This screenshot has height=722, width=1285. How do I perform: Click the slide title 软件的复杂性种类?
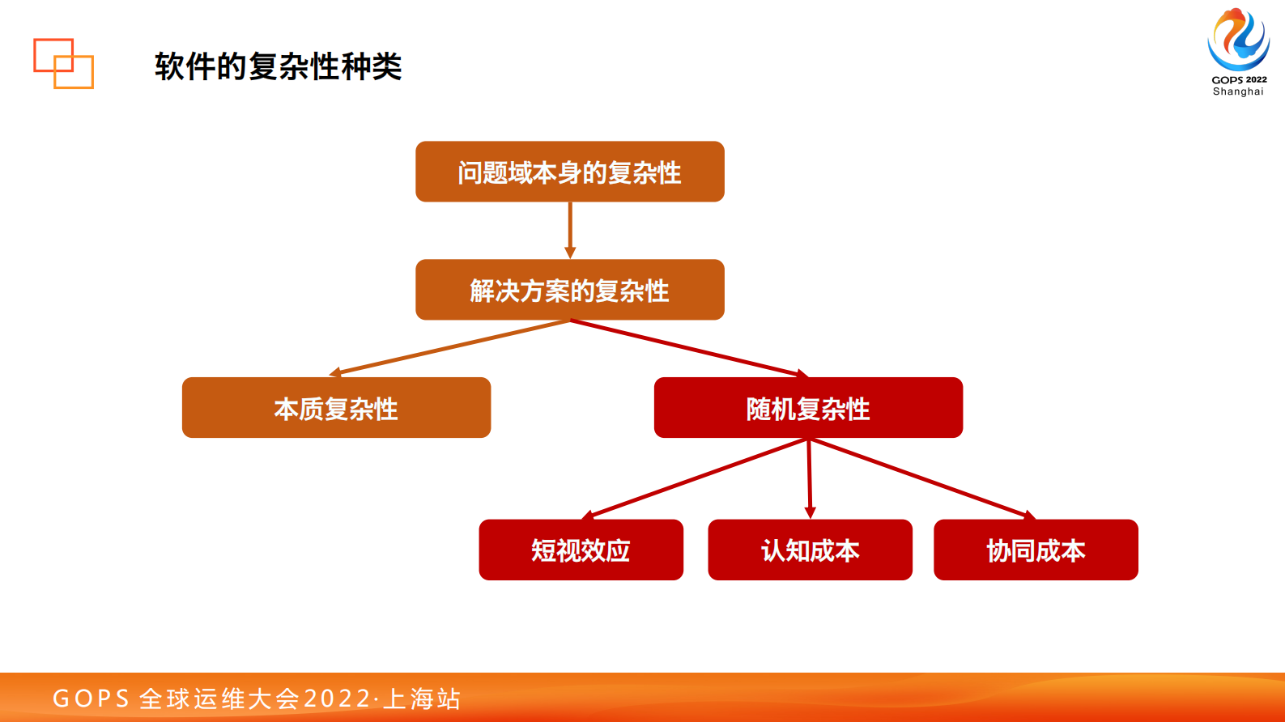[x=278, y=66]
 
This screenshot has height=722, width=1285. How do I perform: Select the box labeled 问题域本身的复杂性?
[x=569, y=172]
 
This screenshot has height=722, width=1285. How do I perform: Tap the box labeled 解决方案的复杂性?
[x=569, y=290]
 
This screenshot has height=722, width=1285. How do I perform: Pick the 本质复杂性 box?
[x=336, y=408]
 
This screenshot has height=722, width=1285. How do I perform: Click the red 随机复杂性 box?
[x=808, y=408]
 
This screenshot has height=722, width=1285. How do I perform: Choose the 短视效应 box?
[x=581, y=550]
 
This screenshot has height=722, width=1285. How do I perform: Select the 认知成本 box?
[x=810, y=550]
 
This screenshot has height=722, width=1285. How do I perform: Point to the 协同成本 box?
[x=1036, y=550]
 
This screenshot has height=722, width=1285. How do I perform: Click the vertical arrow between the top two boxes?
[x=570, y=230]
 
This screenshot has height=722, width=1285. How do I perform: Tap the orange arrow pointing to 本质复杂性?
[x=449, y=348]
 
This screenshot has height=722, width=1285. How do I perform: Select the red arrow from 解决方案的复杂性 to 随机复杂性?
[x=688, y=348]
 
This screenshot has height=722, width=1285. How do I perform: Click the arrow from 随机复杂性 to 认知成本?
[x=809, y=478]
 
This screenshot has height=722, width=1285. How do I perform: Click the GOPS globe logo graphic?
[x=1238, y=39]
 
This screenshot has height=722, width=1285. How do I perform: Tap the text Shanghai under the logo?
[x=1238, y=91]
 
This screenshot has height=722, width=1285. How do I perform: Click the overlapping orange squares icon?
[x=63, y=63]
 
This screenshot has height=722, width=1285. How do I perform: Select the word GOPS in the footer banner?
[x=91, y=699]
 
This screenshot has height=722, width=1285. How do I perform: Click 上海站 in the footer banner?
[x=422, y=699]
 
